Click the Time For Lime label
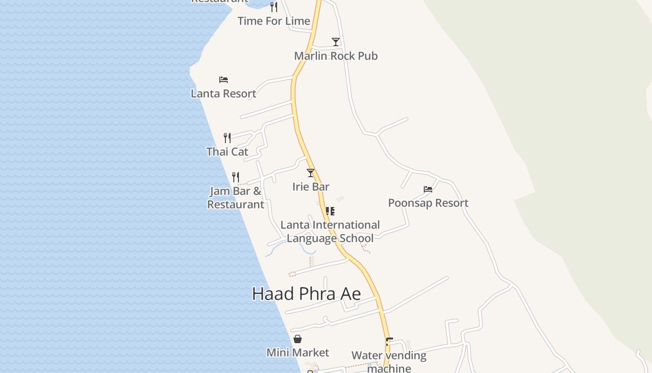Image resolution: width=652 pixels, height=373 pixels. [x=274, y=21]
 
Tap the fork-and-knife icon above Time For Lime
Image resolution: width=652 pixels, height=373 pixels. [x=274, y=7]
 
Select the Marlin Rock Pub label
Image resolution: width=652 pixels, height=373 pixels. [x=336, y=56]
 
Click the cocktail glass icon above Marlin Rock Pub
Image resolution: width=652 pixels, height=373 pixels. [x=336, y=42]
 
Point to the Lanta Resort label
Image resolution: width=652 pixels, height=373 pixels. [x=224, y=94]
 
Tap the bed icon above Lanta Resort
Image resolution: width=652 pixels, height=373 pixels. [x=224, y=80]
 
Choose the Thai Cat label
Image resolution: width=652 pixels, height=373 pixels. [x=227, y=152]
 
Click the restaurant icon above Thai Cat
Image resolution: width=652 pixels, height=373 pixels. [x=227, y=138]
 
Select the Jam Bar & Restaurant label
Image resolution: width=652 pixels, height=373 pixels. [x=236, y=198]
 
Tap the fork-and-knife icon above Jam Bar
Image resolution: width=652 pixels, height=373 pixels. [x=236, y=177]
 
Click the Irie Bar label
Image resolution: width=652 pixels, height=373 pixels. [x=311, y=187]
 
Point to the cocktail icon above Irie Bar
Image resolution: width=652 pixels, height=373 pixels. [x=311, y=173]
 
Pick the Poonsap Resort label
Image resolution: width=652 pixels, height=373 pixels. [x=428, y=203]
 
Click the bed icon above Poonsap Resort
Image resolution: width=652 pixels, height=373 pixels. [x=428, y=189]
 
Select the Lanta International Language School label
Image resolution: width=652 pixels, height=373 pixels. [x=330, y=232]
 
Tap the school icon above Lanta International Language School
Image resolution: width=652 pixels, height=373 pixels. [x=330, y=211]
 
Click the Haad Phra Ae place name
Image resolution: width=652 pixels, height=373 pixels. [x=306, y=294]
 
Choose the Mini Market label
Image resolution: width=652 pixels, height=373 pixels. [x=298, y=353]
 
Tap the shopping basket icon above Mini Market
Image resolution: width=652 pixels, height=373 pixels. [x=298, y=339]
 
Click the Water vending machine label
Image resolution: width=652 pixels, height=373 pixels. [x=389, y=362]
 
